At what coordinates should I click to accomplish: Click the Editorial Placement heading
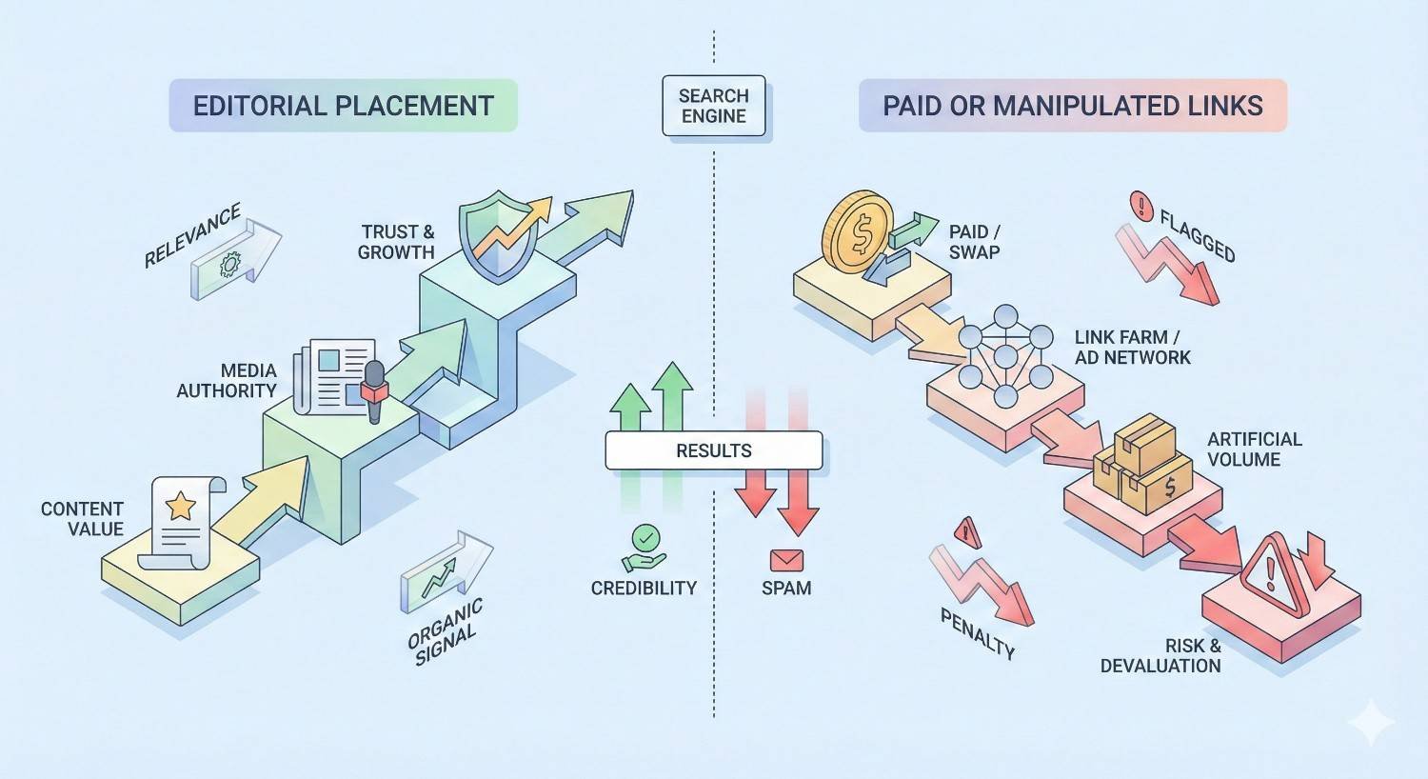coord(343,105)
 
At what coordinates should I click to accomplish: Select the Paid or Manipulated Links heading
coord(1072,105)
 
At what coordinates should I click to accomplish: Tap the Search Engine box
coord(714,106)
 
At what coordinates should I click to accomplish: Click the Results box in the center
coord(714,450)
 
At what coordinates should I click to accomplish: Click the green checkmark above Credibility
coord(645,538)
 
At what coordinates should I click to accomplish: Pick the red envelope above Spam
coord(786,560)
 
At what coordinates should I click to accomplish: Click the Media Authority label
coord(227,380)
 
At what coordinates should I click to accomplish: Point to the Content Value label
coord(82,519)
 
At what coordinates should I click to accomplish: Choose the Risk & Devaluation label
coord(1161,656)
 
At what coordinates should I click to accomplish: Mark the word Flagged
coord(1198,236)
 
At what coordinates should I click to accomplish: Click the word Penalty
coord(978,634)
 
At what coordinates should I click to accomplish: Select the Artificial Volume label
coord(1254,449)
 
